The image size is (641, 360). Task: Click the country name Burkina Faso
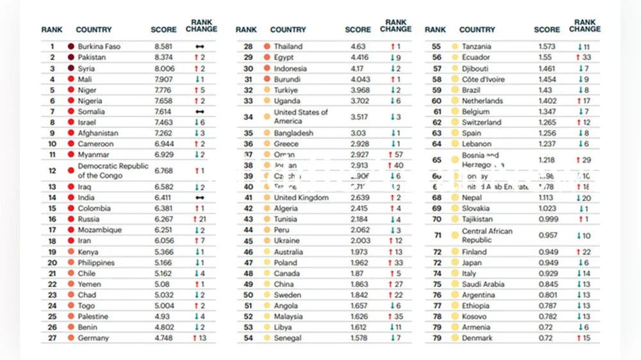point(99,47)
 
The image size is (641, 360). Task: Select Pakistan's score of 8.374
point(163,58)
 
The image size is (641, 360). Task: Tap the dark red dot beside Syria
point(71,69)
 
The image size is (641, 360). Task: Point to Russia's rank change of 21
point(199,219)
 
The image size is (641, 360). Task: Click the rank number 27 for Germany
point(52,338)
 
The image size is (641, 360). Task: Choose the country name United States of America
point(301,117)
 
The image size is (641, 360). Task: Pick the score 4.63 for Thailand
point(358,47)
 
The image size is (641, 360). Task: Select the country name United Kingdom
point(301,198)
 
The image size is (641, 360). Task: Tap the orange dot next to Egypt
point(266,58)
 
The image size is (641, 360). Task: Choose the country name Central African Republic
point(487,236)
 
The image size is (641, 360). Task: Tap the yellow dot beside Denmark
point(454,338)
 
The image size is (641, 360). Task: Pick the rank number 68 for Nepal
point(437,198)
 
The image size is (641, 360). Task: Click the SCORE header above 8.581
point(163,29)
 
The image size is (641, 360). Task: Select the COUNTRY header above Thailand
point(288,29)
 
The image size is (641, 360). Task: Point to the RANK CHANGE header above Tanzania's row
point(585,26)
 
